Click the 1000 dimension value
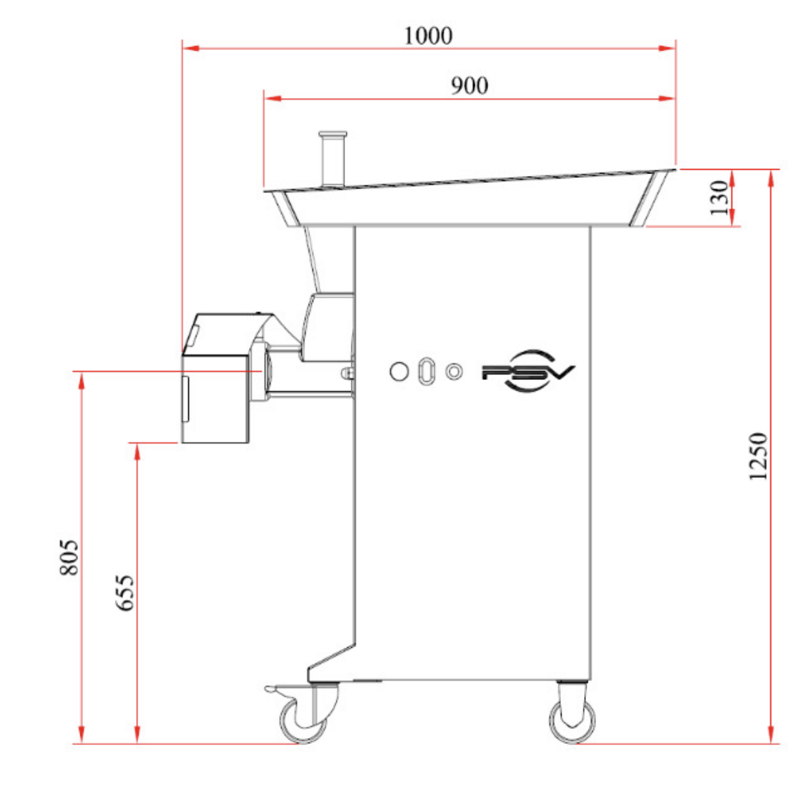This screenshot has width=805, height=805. [428, 36]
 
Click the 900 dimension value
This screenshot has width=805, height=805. [469, 85]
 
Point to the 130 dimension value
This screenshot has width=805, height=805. [719, 198]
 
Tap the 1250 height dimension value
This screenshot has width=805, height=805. [758, 456]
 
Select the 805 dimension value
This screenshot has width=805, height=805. [69, 558]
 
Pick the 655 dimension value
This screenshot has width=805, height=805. [124, 593]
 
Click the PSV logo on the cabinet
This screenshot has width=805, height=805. [529, 371]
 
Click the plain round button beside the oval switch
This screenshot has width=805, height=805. [399, 371]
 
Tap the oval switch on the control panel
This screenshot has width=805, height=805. [426, 371]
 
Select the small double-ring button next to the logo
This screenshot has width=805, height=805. [454, 371]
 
